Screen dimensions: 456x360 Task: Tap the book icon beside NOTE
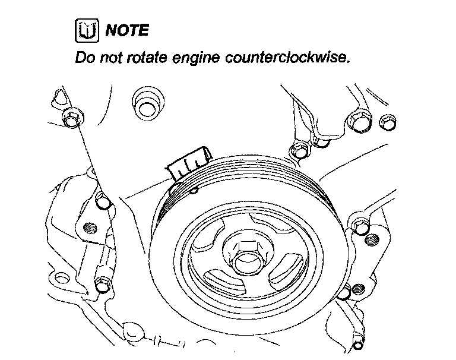[85, 30]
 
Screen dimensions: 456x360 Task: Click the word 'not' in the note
[108, 59]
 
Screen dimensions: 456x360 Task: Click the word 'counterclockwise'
[279, 59]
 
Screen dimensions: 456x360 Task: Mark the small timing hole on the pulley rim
[194, 191]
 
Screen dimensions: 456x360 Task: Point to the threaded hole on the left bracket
[90, 228]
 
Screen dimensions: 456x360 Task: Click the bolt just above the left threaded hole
[103, 203]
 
